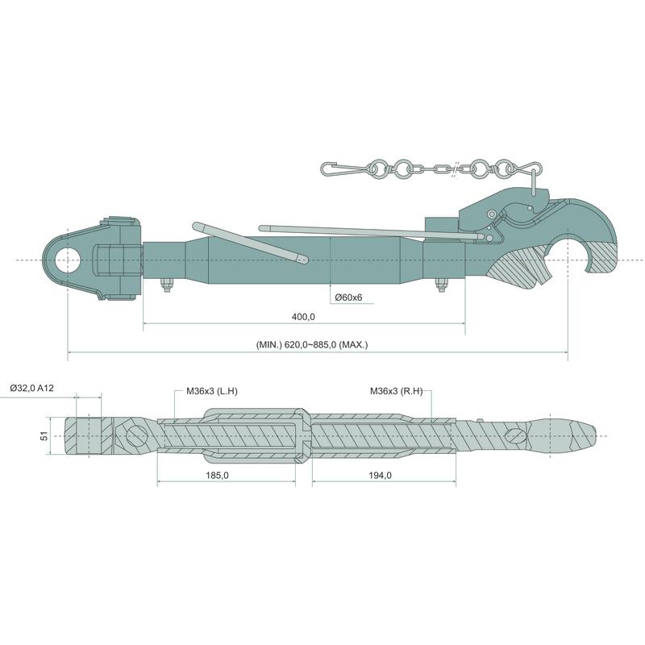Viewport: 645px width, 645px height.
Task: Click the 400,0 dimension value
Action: (x=303, y=317)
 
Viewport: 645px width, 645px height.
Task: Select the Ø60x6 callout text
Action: (x=348, y=298)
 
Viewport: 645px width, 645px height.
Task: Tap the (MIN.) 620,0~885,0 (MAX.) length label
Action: (x=312, y=345)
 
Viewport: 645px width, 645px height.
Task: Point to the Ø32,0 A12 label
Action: (x=31, y=388)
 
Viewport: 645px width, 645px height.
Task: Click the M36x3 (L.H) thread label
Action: (x=212, y=391)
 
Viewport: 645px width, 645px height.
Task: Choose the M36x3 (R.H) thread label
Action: (x=397, y=391)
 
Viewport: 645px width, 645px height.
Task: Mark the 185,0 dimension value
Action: (x=217, y=476)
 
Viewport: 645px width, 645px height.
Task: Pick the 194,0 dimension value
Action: (x=381, y=476)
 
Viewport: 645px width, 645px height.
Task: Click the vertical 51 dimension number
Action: (x=44, y=435)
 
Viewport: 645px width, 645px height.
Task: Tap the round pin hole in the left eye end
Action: (x=67, y=260)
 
